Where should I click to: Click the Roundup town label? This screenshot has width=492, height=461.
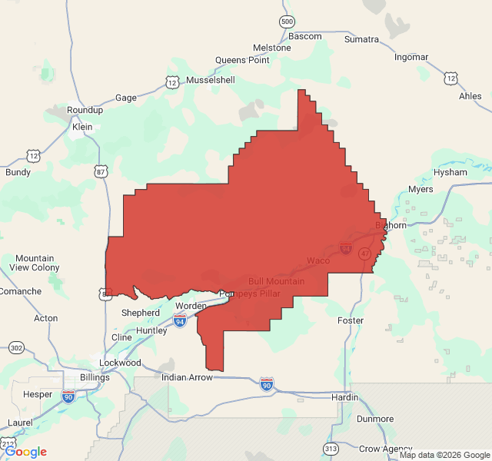point(85,110)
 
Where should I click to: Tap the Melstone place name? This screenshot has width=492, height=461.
point(272,48)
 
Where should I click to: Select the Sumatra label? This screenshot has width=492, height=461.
point(361,39)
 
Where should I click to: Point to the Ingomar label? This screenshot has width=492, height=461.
point(411,57)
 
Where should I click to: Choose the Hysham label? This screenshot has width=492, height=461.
point(450,172)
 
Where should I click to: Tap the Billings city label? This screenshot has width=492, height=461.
point(95,377)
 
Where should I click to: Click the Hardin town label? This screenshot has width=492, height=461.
point(345,397)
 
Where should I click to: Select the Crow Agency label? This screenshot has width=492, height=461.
point(386,448)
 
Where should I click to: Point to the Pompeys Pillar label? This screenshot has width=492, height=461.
point(250,294)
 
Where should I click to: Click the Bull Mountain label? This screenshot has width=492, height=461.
point(277,281)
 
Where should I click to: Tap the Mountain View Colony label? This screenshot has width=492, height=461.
point(35,263)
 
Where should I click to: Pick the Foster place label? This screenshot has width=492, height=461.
point(351,320)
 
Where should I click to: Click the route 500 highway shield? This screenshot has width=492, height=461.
point(287,22)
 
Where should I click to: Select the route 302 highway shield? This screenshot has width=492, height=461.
point(16,348)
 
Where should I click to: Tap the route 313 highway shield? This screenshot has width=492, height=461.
point(331,448)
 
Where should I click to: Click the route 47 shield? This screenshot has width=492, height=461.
point(364,253)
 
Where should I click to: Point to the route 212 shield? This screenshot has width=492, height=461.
point(8,444)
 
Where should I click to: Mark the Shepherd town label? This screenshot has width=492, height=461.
point(141,313)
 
